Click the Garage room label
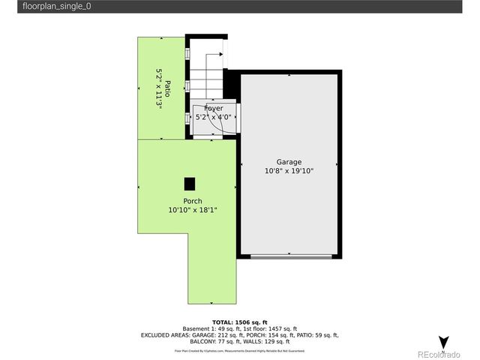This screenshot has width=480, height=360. [289, 162]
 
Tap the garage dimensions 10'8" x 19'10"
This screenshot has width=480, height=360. [289, 171]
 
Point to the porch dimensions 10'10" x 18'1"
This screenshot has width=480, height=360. [193, 210]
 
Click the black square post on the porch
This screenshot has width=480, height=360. [190, 183]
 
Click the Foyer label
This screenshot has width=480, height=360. [213, 109]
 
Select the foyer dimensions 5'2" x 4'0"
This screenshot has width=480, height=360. [213, 117]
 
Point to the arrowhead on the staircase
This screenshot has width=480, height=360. [221, 53]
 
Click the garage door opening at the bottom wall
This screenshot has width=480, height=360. [292, 257]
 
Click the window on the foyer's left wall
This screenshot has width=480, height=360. [187, 118]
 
